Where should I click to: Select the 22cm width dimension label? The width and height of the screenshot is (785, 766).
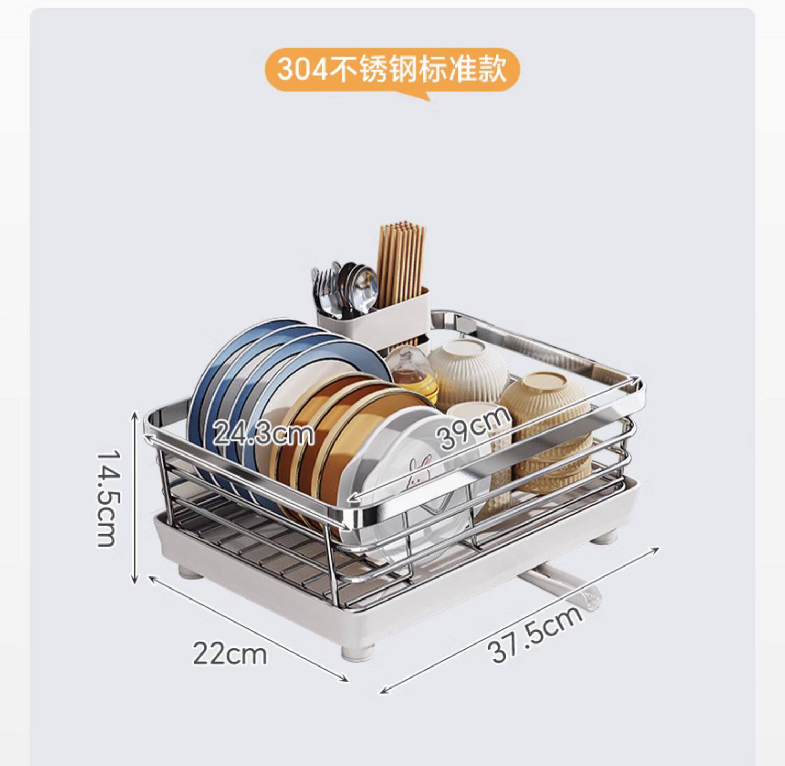coord(230,653)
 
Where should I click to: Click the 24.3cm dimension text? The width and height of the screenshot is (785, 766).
coord(263,434)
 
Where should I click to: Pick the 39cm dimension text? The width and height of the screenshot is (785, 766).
coord(474,427)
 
